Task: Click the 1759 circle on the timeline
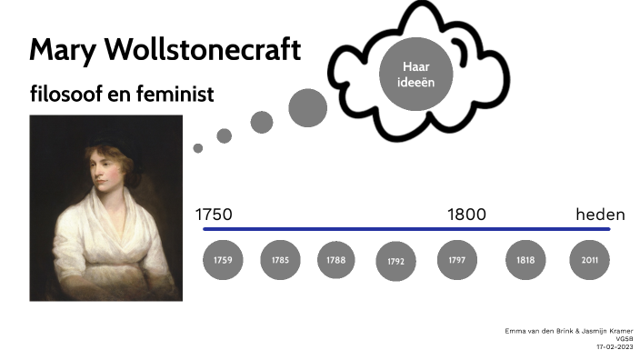(223, 261)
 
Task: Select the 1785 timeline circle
(280, 261)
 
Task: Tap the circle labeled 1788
(336, 261)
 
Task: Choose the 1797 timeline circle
(456, 261)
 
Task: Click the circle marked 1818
(525, 261)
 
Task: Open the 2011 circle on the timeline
(589, 261)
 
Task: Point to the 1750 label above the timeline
(215, 215)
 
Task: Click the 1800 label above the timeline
(466, 215)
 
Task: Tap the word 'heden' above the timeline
(600, 215)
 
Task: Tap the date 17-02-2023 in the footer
(615, 346)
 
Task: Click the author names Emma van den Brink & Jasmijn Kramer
(568, 330)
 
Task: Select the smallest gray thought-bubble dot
(198, 148)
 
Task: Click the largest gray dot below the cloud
(307, 108)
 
